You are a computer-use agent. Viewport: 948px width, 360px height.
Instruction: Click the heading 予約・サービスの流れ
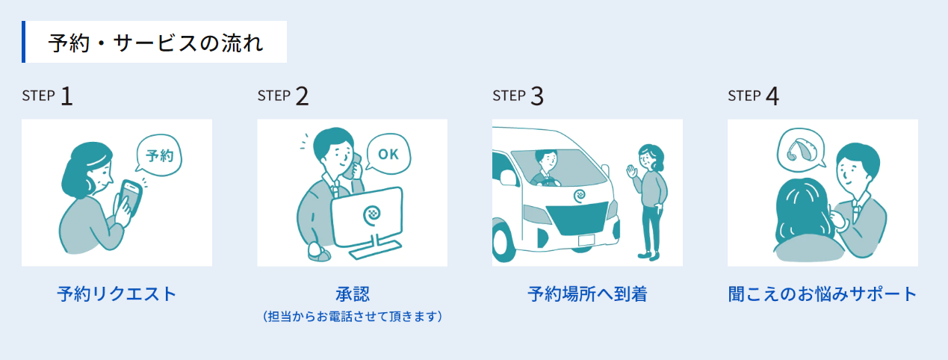(x=155, y=43)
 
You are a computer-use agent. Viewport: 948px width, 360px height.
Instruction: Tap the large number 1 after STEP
(x=67, y=96)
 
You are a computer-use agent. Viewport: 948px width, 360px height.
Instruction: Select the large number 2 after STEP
(x=302, y=96)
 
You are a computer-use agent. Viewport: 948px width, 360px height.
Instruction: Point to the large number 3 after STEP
(x=537, y=96)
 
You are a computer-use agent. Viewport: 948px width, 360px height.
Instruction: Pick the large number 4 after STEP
(x=772, y=96)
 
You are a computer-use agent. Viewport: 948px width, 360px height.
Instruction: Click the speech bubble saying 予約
(x=159, y=155)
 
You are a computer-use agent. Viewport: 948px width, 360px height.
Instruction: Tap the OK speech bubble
(x=388, y=154)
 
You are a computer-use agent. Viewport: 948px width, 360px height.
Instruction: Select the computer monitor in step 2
(x=368, y=217)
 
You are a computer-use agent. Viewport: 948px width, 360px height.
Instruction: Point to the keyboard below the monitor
(x=375, y=249)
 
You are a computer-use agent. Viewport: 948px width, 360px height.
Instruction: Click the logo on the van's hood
(x=580, y=196)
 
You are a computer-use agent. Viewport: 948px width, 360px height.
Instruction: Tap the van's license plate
(x=586, y=240)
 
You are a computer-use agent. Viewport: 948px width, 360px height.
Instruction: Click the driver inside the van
(x=545, y=168)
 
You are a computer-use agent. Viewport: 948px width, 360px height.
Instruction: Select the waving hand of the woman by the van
(x=632, y=172)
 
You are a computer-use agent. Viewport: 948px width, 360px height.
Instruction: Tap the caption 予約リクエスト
(x=117, y=294)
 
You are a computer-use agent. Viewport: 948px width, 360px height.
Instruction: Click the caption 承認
(x=353, y=294)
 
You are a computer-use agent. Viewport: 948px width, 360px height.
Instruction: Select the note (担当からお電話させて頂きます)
(x=353, y=317)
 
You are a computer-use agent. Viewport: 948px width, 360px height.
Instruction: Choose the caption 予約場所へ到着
(x=587, y=294)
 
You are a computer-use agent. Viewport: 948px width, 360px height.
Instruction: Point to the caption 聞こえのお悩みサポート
(x=822, y=294)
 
